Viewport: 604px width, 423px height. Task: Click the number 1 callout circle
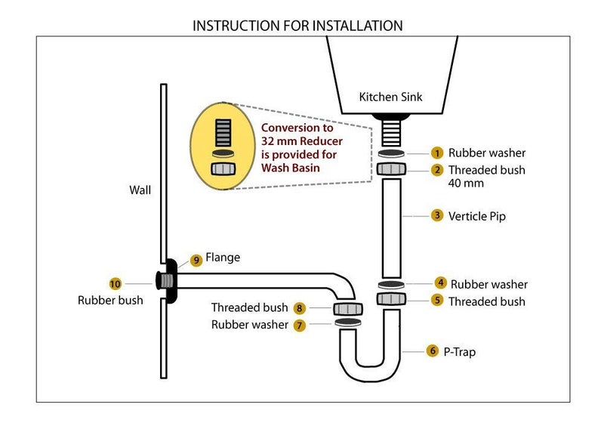(x=436, y=153)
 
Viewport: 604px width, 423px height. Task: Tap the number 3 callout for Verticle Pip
(x=436, y=215)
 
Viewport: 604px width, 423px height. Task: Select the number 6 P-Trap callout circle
(x=432, y=350)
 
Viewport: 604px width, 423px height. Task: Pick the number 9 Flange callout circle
(x=196, y=260)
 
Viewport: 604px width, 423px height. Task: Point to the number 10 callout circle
(x=115, y=283)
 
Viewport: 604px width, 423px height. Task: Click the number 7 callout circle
(x=300, y=326)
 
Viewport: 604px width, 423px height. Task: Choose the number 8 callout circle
(x=300, y=308)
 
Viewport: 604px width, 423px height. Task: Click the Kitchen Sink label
(x=390, y=97)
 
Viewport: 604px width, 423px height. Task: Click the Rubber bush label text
(x=110, y=301)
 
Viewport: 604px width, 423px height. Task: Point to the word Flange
(x=223, y=258)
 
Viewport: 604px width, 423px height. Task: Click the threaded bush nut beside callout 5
(x=390, y=298)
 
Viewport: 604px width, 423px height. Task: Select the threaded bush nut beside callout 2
(x=390, y=167)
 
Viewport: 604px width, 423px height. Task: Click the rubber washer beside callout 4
(x=390, y=284)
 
